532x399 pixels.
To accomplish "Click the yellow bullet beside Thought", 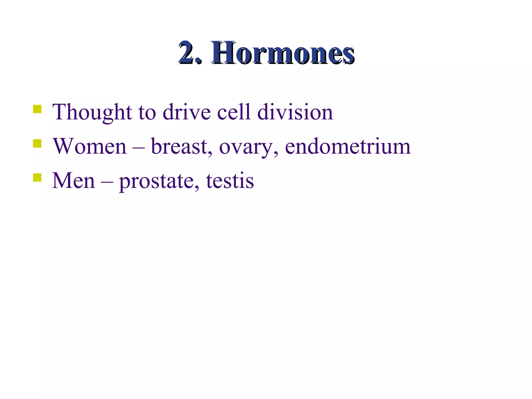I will point(37,109).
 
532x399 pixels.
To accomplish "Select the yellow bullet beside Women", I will point(37,143).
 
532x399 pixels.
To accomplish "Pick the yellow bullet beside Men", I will point(37,178).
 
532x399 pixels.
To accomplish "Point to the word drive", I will point(187,112).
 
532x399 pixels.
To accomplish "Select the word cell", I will point(234,112).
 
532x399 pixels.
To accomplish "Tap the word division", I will point(295,112).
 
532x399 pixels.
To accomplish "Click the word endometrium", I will point(348,147).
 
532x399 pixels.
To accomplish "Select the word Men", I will point(74,181).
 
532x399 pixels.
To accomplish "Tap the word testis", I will point(230,181).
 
